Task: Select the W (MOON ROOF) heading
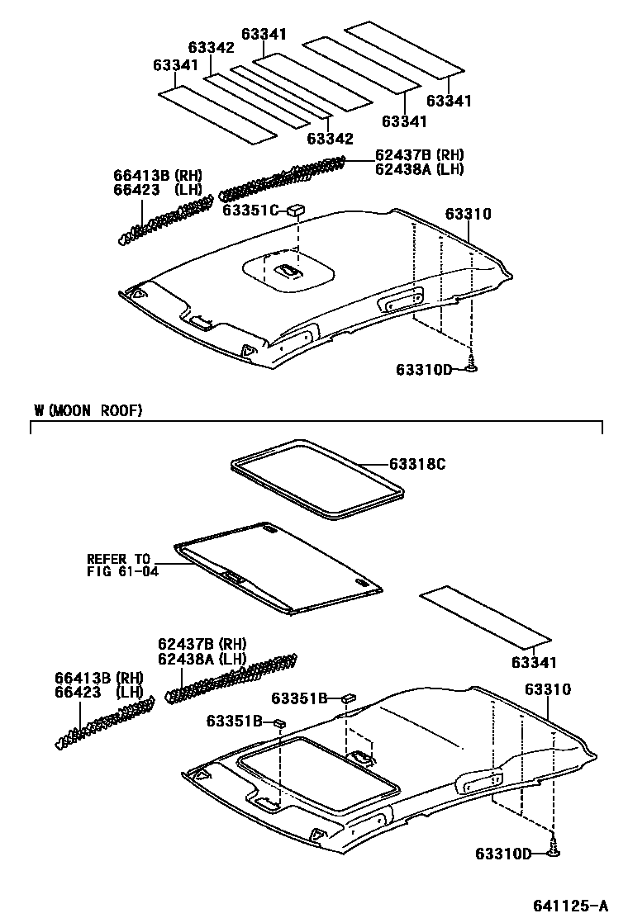click(x=88, y=410)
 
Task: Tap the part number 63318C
click(x=417, y=465)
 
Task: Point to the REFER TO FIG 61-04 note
click(x=119, y=565)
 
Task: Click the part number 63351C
click(x=251, y=210)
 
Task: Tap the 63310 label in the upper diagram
click(x=469, y=214)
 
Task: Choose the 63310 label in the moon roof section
click(x=548, y=688)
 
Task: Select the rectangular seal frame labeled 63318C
click(x=317, y=479)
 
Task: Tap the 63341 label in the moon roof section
click(x=534, y=662)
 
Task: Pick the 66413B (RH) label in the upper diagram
click(x=158, y=175)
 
